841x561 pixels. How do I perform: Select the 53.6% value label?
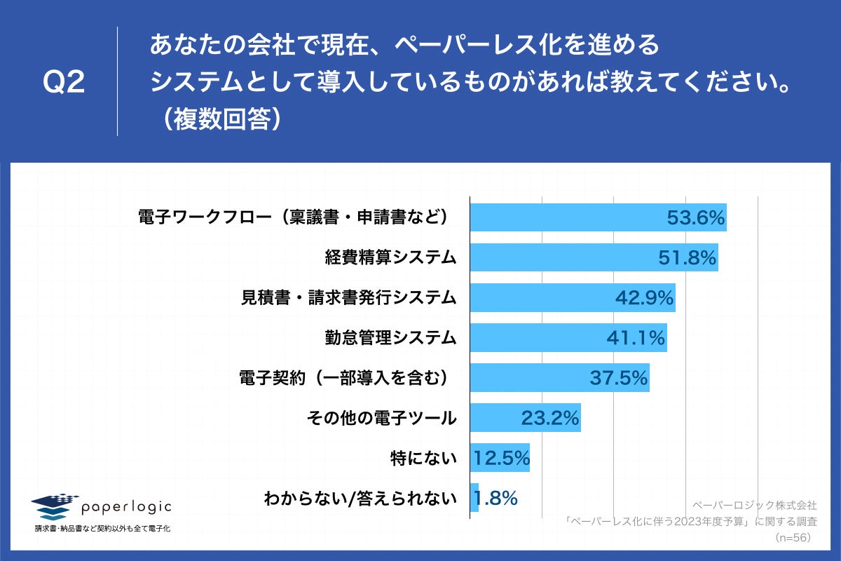click(695, 218)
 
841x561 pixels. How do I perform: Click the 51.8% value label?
click(687, 258)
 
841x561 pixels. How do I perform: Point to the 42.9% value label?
click(644, 298)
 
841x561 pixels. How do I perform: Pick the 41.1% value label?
click(635, 338)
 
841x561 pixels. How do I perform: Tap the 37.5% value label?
click(617, 378)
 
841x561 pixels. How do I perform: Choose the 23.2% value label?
click(549, 418)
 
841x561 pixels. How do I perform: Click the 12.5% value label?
click(500, 459)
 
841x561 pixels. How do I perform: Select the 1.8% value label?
click(495, 499)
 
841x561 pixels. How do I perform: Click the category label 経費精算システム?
click(390, 258)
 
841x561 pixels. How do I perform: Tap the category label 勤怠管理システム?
click(390, 338)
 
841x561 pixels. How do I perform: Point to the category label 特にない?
click(423, 459)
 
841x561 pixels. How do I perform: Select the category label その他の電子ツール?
click(381, 419)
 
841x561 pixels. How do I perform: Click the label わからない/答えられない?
click(360, 499)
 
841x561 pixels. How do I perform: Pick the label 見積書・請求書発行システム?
click(348, 298)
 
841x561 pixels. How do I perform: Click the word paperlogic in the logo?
click(127, 507)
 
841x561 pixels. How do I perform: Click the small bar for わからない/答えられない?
click(474, 498)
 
